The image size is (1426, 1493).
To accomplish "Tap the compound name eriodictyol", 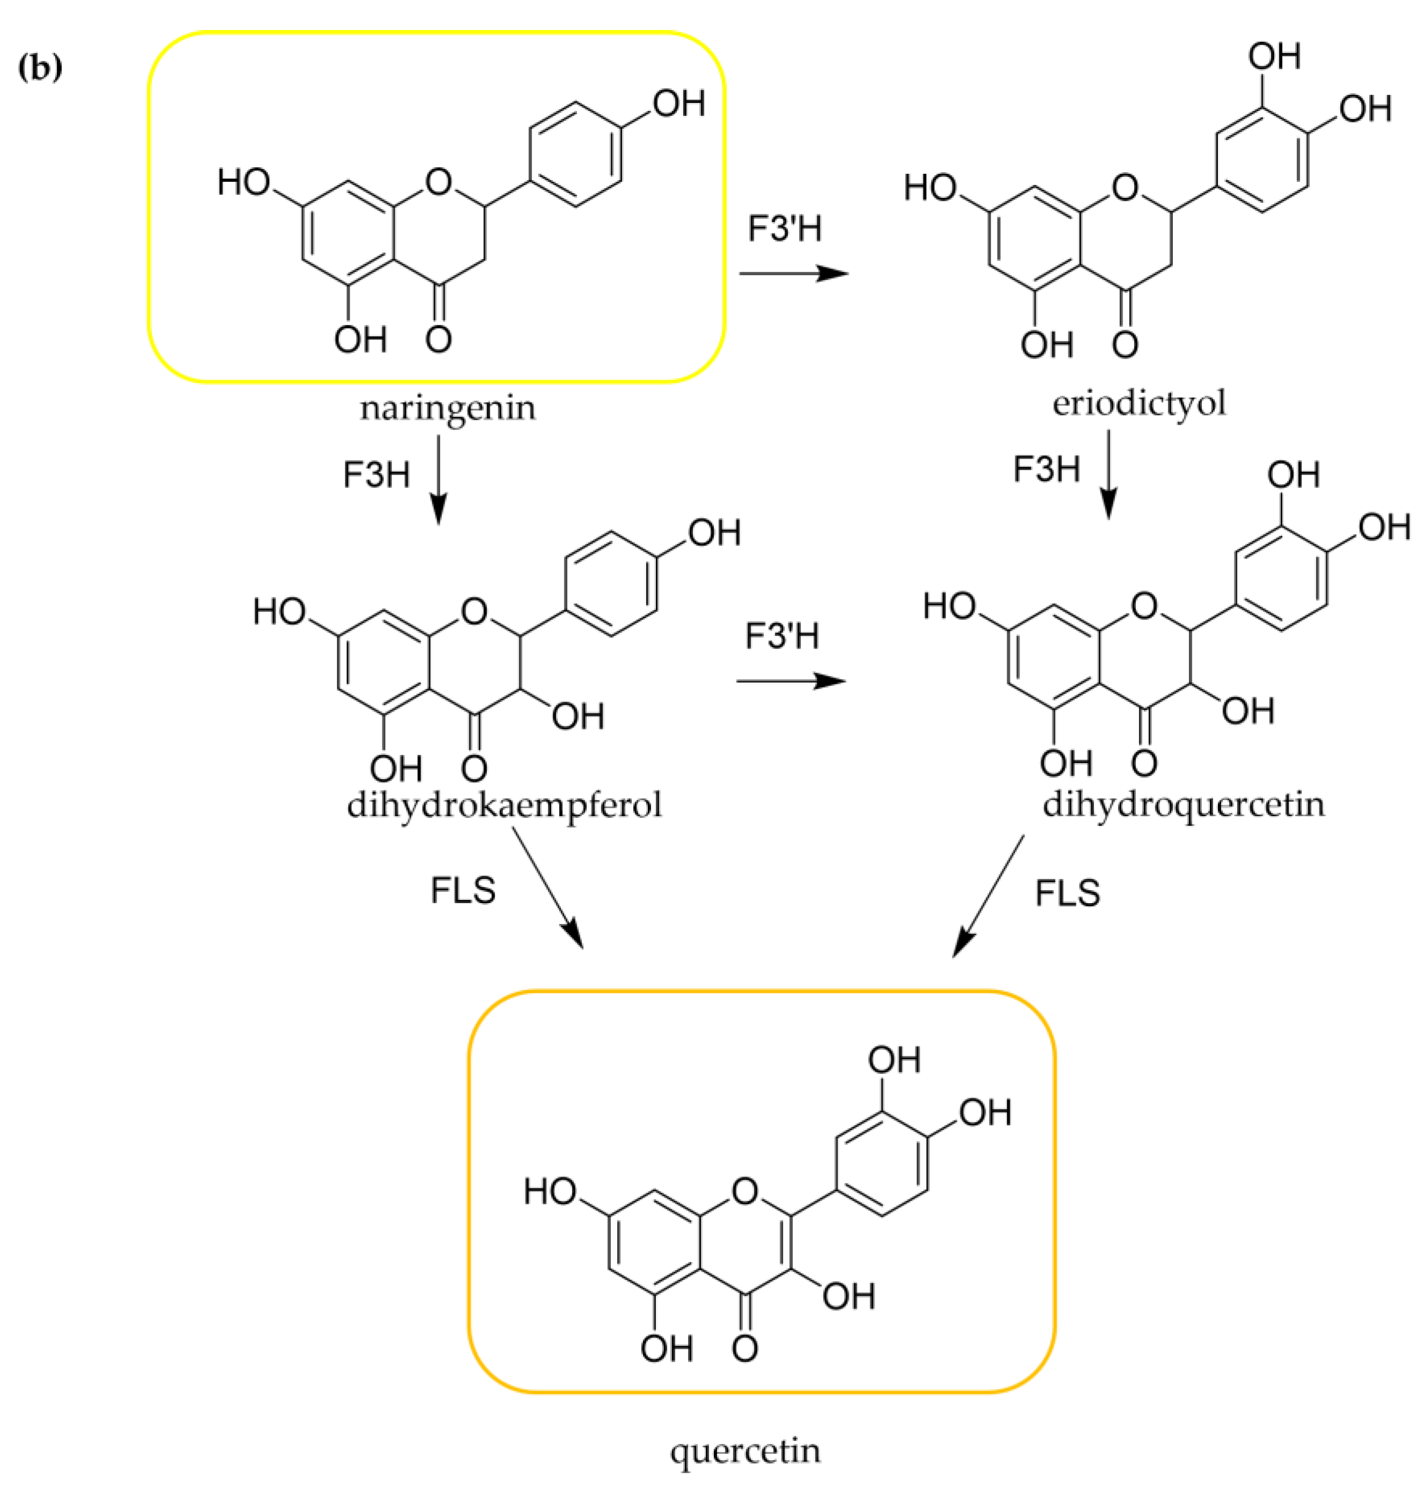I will tap(1139, 403).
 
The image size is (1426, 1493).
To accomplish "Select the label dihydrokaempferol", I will tap(505, 804).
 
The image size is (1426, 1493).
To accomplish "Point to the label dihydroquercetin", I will tap(1184, 803).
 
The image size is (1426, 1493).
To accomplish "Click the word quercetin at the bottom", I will tap(745, 1451).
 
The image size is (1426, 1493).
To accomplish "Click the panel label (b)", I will tap(40, 69).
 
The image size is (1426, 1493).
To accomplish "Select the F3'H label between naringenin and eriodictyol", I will tap(785, 228).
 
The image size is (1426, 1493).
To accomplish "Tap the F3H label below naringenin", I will tap(376, 475).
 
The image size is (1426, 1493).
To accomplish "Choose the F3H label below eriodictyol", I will tap(1046, 469).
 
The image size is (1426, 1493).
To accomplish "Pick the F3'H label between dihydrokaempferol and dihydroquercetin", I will tap(782, 635).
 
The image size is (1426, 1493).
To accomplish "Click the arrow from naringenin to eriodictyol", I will tap(794, 273).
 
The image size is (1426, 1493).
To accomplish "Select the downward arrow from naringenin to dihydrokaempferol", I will tap(439, 479).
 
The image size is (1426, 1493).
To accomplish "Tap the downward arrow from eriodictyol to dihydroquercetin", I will tap(1109, 475).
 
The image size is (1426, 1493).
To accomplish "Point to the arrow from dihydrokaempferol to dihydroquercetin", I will tap(790, 681).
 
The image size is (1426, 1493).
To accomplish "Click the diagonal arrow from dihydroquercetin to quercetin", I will tap(988, 896).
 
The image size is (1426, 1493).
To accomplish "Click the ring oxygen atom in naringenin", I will tap(439, 182).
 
